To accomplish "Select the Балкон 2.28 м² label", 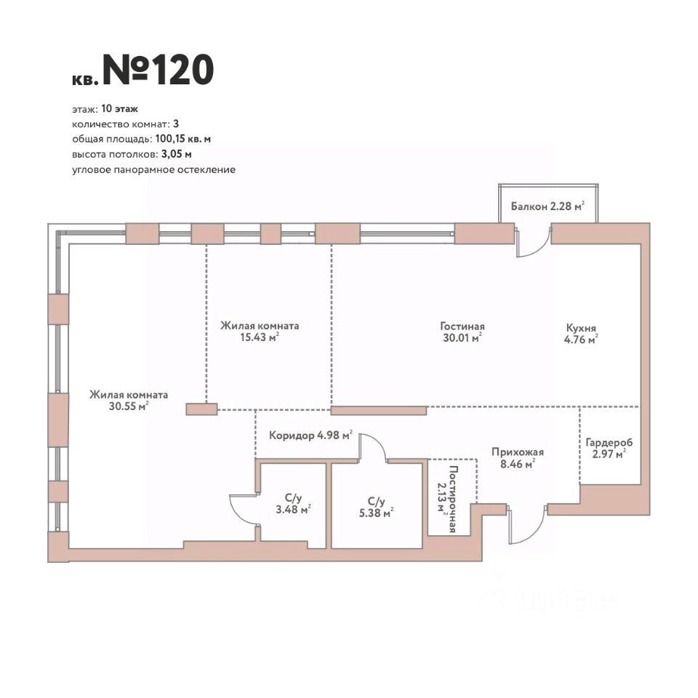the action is (547, 206).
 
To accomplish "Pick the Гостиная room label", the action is (462, 326).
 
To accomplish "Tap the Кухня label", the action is (581, 326).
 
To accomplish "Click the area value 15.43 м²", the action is (260, 337).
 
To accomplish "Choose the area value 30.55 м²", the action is (129, 406).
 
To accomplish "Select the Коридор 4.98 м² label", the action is (310, 436).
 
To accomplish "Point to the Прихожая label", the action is (517, 452).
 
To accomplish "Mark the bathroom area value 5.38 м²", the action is (376, 513).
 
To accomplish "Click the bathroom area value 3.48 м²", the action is (293, 509).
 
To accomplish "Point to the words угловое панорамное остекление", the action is (153, 169).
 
